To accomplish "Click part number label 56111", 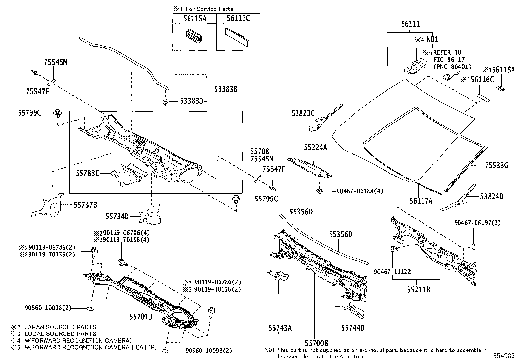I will coord(411,24).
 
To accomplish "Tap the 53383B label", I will coord(225,89).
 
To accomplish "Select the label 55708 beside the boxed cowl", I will coord(260,151).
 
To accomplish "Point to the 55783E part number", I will coord(87,173).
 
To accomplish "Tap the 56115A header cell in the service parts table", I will coord(194,18).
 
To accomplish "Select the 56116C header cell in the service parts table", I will coord(238,18).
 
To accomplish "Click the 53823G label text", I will coord(303,114).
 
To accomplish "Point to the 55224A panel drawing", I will coord(309,167).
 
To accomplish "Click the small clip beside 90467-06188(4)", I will coord(320,191).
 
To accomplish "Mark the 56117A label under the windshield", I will coord(421,201).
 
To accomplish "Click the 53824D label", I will coord(492,197).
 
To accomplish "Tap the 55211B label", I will coord(419,290).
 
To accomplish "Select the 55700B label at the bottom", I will coord(316,343).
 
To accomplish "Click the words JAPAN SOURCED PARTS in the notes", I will coord(60,327).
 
